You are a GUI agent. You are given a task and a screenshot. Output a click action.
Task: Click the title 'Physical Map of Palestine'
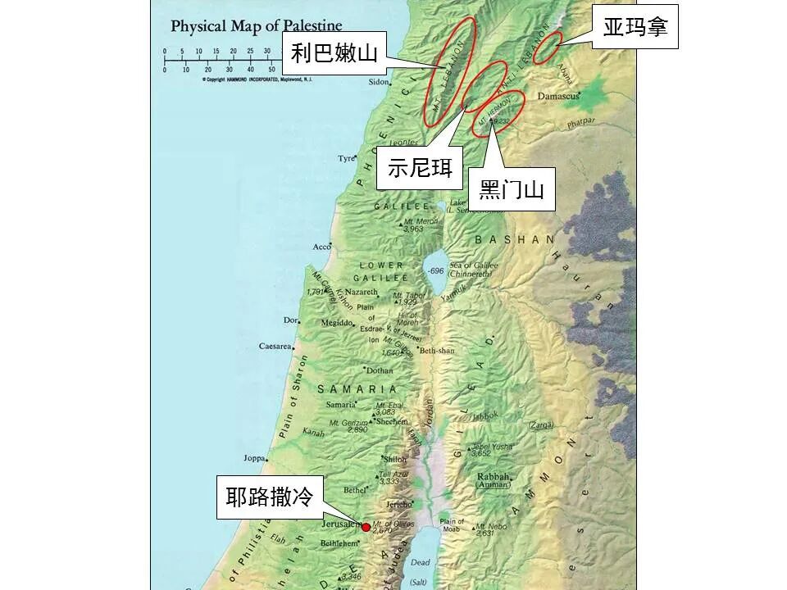click(x=256, y=26)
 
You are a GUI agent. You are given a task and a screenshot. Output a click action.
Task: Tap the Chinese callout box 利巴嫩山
click(x=334, y=54)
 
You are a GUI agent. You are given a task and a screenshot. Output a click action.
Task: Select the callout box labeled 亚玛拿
click(x=635, y=27)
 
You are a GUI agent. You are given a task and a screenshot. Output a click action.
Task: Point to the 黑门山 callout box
click(x=512, y=190)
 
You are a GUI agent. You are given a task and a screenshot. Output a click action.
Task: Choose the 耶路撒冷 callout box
click(x=271, y=497)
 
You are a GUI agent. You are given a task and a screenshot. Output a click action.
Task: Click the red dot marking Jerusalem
click(x=366, y=526)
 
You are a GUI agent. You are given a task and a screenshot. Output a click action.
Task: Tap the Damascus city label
click(x=558, y=96)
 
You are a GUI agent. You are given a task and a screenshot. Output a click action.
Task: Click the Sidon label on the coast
click(x=378, y=82)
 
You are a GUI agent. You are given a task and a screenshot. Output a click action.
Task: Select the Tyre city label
click(x=347, y=158)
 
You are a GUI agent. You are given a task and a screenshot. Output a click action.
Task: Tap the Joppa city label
click(x=255, y=458)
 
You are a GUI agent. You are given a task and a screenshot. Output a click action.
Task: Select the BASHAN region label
click(x=515, y=240)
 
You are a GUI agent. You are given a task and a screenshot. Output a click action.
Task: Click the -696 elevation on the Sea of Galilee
click(x=435, y=270)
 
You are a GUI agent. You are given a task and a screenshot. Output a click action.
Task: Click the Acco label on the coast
click(x=322, y=247)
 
